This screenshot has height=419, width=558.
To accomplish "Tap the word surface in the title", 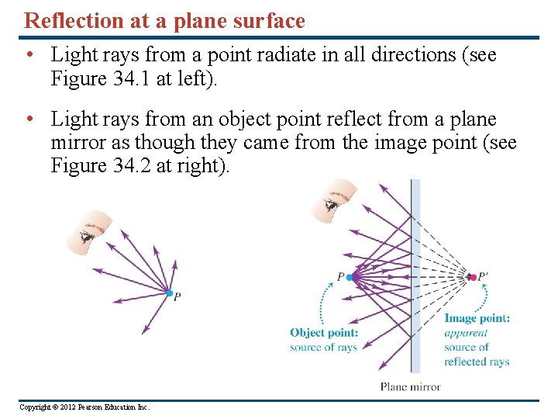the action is tap(267, 21).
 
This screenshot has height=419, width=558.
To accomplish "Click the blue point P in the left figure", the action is tap(169, 293).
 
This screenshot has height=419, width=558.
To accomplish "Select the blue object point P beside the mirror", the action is tap(350, 277).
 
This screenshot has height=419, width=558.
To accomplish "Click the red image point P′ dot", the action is tap(471, 277).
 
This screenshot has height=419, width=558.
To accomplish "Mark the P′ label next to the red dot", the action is tap(484, 276).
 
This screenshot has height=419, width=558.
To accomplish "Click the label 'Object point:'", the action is tap(324, 333).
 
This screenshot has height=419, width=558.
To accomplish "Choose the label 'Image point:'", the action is tap(477, 318).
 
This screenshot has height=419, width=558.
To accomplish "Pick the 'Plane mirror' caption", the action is tap(410, 386).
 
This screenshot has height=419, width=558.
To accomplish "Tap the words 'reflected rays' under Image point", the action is tap(477, 362).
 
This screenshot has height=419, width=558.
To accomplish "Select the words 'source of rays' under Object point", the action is tap(323, 347).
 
